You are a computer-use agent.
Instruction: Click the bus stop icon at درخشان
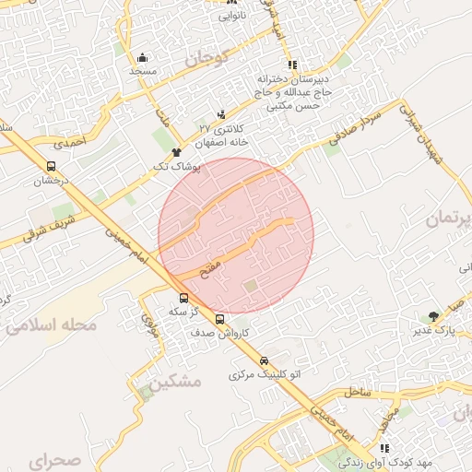[x=50, y=167]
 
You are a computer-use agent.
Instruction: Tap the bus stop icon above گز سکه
[x=183, y=298]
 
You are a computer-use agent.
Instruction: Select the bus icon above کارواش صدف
[x=219, y=319]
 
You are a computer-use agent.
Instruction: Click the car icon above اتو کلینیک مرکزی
[x=265, y=360]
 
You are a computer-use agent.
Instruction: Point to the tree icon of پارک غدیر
[x=433, y=315]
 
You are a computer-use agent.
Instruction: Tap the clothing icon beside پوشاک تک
[x=176, y=150]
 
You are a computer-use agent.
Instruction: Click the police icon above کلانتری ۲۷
[x=220, y=114]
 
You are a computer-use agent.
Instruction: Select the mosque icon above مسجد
[x=142, y=57]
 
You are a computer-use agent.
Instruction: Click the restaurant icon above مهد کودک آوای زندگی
[x=385, y=448]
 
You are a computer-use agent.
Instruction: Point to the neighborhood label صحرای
[x=54, y=458]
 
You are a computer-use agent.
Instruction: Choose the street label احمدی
[x=68, y=143]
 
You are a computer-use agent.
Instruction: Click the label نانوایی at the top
[x=232, y=16]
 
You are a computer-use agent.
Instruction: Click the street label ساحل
[x=356, y=391]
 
